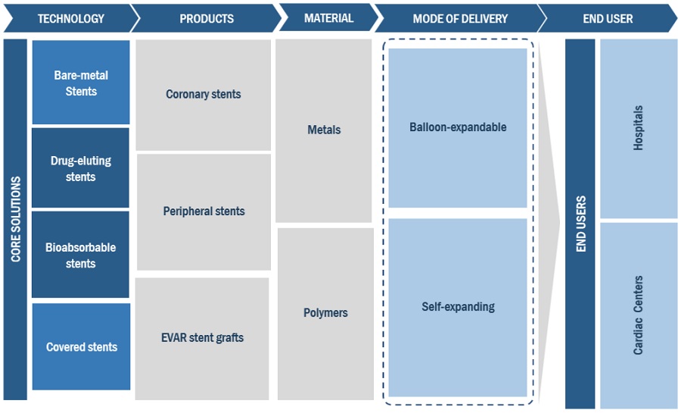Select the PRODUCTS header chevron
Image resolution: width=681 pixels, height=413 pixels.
coord(207,18)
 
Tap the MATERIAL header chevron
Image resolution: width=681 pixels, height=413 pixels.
coord(328,18)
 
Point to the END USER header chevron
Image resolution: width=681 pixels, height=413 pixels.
coord(608,18)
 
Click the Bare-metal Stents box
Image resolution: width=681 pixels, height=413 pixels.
coord(81,83)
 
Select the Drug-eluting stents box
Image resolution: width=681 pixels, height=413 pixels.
coord(81,168)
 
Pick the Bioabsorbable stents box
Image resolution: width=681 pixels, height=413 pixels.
coord(81,255)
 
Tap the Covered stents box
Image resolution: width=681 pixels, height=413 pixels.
coord(81,346)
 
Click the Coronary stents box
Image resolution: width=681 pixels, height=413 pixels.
coord(204,95)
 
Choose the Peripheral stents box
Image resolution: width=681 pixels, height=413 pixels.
coord(204,211)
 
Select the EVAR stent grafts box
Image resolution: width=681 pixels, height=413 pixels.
coord(203,338)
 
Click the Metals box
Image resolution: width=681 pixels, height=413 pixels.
coord(324,130)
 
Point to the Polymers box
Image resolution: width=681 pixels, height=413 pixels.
coord(325,313)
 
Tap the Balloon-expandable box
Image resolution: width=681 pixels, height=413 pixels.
coord(458,127)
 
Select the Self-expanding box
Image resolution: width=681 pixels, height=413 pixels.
coord(458,307)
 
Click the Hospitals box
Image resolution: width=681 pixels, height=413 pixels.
coord(639,128)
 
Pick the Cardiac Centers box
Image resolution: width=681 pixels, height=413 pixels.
coord(639,314)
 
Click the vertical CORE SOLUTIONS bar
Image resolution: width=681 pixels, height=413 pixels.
coord(16,220)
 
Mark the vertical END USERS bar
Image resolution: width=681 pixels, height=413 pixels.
coord(580,224)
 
